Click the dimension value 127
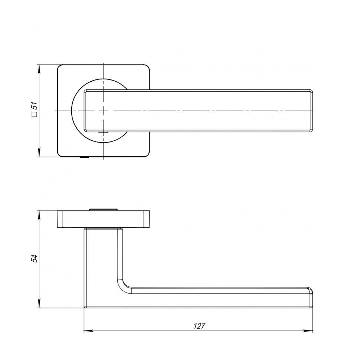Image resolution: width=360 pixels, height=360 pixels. [199, 325]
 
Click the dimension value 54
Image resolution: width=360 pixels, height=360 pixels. [35, 258]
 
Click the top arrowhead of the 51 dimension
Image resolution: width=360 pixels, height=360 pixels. [39, 68]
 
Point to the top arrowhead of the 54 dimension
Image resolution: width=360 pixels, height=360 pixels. [39, 214]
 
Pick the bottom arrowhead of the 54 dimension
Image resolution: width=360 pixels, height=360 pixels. [39, 304]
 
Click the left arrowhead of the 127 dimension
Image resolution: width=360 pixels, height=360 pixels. [88, 331]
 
